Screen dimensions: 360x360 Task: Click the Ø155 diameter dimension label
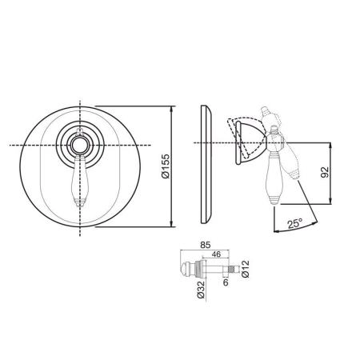(x=166, y=166)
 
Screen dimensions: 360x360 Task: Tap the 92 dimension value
(x=325, y=173)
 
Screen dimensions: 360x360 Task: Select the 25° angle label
(x=295, y=223)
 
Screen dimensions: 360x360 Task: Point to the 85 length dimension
(x=206, y=245)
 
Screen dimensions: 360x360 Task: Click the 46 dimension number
(x=216, y=254)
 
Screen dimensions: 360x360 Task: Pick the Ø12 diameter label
(x=246, y=269)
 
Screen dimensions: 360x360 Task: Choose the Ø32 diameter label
(x=201, y=290)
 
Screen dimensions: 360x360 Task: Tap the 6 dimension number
(x=226, y=282)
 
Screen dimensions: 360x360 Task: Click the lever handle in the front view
(x=80, y=181)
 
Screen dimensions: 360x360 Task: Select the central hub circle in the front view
(x=80, y=145)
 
